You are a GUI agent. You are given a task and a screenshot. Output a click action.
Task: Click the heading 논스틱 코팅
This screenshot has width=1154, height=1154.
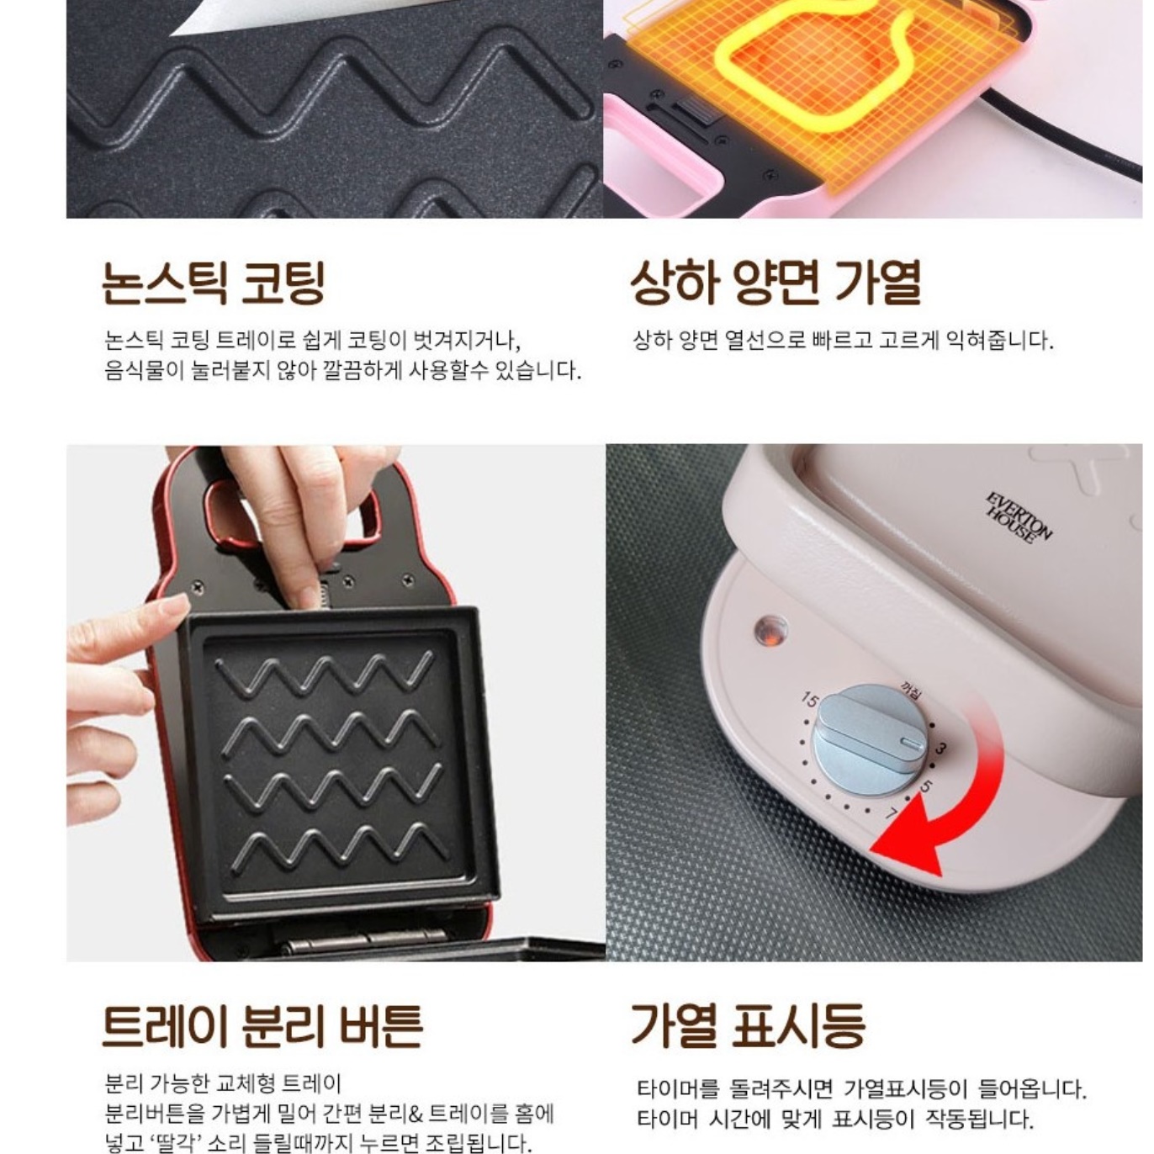tap(213, 283)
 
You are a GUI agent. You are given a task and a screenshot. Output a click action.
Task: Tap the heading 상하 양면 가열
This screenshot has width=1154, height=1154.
tap(776, 282)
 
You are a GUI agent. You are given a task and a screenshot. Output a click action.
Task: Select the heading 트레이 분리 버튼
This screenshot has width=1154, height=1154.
tap(262, 1025)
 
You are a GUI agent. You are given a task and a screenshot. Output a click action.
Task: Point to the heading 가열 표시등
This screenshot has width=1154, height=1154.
tap(748, 1025)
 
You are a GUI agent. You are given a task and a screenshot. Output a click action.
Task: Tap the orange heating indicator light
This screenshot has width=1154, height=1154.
tap(770, 630)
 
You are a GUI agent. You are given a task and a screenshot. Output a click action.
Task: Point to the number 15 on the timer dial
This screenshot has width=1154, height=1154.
tap(809, 699)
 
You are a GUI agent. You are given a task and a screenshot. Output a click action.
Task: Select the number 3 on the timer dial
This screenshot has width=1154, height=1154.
tap(941, 749)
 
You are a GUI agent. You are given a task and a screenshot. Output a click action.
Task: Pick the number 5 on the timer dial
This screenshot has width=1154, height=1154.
tap(926, 787)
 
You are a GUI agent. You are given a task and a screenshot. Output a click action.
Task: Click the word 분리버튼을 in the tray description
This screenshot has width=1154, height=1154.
tap(155, 1114)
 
